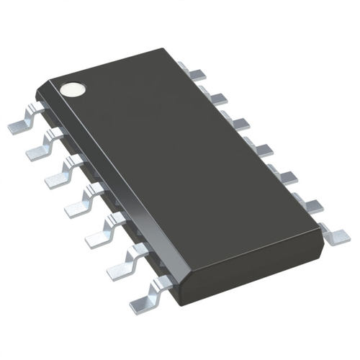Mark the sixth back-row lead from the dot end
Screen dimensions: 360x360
(307, 202)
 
